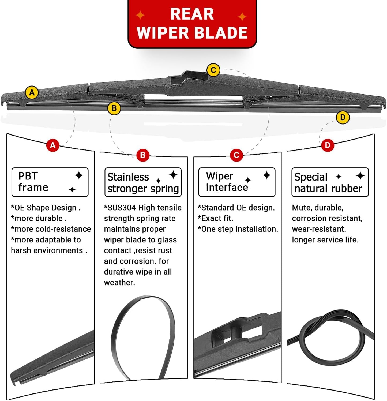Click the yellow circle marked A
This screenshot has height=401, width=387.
32,93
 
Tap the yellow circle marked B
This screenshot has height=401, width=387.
114,108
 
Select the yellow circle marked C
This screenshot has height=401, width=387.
213,70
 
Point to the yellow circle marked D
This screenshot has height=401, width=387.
343,117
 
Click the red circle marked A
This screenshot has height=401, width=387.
53,145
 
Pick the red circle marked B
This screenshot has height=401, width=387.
142,155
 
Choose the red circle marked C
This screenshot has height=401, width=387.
236,155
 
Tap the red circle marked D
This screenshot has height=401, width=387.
327,145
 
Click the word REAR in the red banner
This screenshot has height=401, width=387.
192,14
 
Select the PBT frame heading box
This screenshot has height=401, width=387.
50,182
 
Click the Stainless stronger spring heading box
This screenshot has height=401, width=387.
143,182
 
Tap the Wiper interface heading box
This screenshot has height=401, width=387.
237,182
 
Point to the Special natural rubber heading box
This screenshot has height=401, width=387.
330,182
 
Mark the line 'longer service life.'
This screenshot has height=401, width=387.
325,240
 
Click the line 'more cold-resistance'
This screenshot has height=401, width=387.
51,229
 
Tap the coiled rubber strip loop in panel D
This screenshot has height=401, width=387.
332,338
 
